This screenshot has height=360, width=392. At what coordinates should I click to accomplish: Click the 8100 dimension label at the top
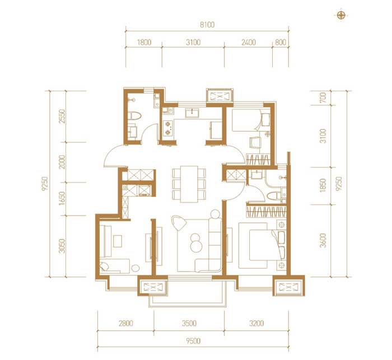tap(207, 25)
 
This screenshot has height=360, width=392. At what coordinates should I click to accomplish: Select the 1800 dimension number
tap(144, 42)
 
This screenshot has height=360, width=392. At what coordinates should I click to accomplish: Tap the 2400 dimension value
tap(249, 42)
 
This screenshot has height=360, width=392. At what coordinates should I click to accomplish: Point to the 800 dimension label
tap(281, 42)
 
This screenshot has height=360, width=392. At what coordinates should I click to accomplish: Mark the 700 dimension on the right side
tap(323, 97)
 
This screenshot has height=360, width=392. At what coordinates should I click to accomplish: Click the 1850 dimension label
tap(323, 185)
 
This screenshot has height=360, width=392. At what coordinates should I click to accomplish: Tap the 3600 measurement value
tap(323, 241)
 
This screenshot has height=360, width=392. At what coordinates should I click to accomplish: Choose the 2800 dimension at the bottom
tap(126, 323)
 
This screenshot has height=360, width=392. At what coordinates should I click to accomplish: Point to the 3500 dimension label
tap(189, 323)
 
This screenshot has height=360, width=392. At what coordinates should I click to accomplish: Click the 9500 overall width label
tap(193, 341)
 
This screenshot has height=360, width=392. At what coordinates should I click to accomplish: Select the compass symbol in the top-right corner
tap(341, 16)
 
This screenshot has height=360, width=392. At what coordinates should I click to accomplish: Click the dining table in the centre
tap(189, 184)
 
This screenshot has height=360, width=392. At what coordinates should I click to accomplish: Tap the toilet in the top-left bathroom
tap(134, 116)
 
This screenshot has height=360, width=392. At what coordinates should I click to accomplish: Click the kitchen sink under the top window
tap(192, 113)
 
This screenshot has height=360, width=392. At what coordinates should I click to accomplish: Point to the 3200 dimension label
tap(256, 323)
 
